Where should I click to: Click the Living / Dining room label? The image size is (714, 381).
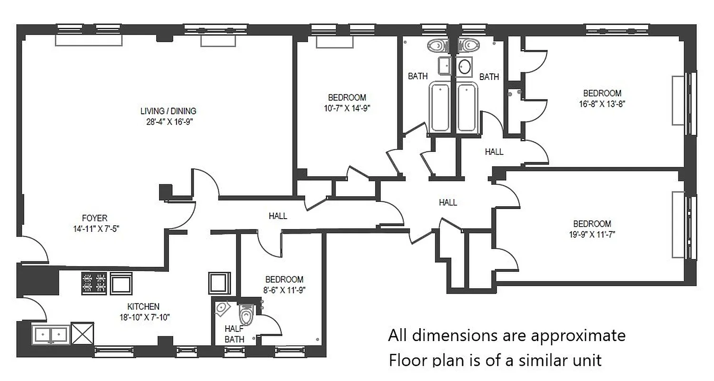(x=168, y=111)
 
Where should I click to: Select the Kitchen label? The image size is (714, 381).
(x=143, y=307)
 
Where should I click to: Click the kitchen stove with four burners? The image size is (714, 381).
(x=94, y=283)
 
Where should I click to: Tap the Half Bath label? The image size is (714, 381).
(x=234, y=334)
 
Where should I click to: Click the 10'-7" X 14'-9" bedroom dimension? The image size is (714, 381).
(x=347, y=108)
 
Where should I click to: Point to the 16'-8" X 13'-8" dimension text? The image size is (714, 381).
(x=602, y=103)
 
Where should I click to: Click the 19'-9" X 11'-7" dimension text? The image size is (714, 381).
(x=592, y=234)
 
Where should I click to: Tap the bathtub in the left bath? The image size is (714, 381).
(x=441, y=107)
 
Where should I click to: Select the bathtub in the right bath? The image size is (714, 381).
(x=467, y=107)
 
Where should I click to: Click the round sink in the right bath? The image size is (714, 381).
(x=465, y=66)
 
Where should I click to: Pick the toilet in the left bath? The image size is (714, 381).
(x=437, y=45)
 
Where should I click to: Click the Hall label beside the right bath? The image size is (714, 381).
(x=494, y=152)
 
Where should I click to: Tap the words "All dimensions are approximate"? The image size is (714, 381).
(x=506, y=335)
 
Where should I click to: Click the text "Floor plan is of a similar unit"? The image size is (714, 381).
(x=495, y=359)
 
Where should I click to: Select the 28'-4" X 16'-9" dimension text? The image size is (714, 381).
(x=169, y=121)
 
